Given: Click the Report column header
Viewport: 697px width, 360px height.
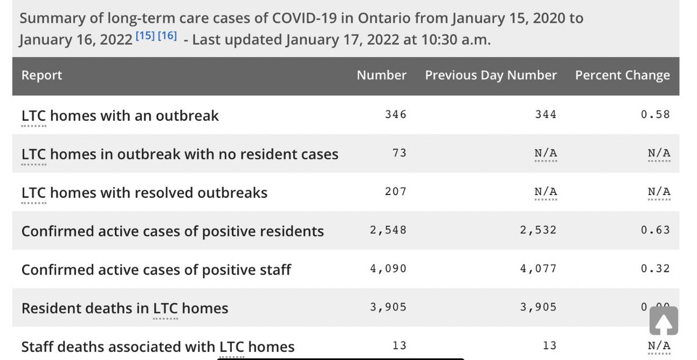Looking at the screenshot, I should [41, 75].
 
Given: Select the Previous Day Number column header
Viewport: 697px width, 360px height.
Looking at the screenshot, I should [491, 75].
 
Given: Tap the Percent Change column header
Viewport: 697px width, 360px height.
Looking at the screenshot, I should [622, 75].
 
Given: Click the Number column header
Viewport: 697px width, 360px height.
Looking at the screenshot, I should [381, 75].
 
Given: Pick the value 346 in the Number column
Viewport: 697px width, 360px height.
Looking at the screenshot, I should [396, 114].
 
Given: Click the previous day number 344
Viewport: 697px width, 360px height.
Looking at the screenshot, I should [545, 114].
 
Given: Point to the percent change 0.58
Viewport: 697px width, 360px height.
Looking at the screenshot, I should [655, 114].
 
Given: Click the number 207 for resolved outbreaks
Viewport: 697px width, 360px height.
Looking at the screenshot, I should [396, 192].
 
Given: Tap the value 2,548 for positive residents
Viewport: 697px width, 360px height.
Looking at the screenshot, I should [388, 230].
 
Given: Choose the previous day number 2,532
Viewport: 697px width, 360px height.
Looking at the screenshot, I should [538, 230].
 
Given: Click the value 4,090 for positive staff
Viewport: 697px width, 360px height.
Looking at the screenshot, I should [388, 269].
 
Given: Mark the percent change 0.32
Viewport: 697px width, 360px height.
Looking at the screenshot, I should [655, 269].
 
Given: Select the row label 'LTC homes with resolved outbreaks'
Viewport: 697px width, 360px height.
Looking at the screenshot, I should [144, 193].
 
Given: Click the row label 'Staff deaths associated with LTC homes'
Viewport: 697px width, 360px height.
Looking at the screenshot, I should [157, 347].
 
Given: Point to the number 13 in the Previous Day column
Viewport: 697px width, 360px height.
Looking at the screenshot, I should [549, 346].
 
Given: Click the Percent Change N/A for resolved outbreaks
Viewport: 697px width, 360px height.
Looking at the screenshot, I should [659, 192].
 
